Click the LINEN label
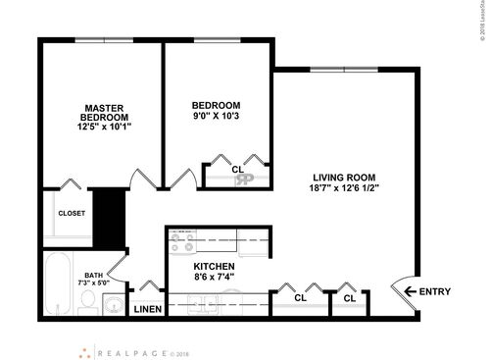pyautogui.click(x=147, y=309)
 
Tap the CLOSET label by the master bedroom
pyautogui.click(x=72, y=213)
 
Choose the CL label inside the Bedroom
pyautogui.click(x=237, y=169)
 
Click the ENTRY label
pyautogui.click(x=433, y=291)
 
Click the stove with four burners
pyautogui.click(x=181, y=237)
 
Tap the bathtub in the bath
pyautogui.click(x=59, y=285)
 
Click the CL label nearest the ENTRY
pyautogui.click(x=349, y=297)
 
